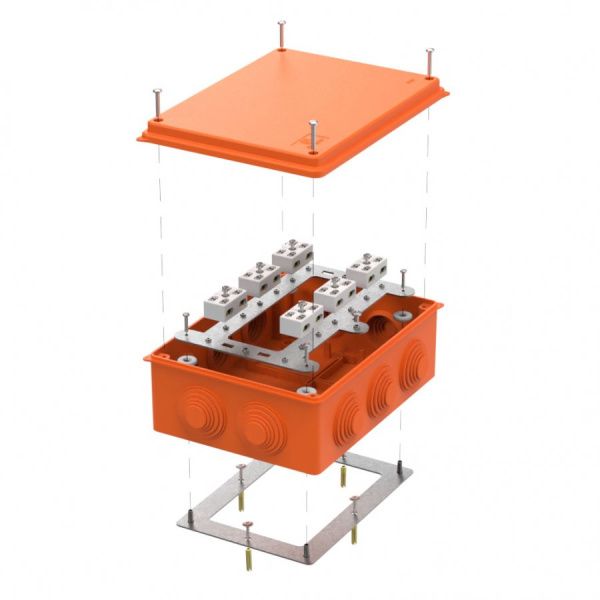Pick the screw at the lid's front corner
coord(313,135)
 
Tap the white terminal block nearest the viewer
coord(301,319)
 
